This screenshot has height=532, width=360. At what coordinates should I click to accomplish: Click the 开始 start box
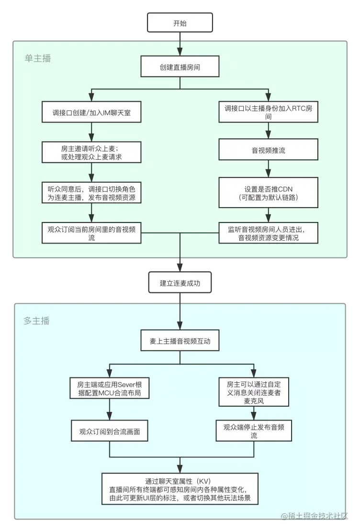[x=180, y=23]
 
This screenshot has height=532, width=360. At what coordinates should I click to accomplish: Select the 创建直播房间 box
[x=180, y=67]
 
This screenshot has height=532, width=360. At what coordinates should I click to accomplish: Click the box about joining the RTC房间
[x=269, y=112]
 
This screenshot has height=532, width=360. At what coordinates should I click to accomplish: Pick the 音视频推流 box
[x=269, y=150]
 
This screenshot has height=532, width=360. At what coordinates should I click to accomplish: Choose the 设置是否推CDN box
[x=269, y=191]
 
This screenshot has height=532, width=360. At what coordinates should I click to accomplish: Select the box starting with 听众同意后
[x=91, y=192]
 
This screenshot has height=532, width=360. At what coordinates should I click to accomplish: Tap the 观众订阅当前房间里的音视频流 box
[x=91, y=233]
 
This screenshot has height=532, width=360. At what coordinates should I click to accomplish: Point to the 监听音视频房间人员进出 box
[x=269, y=233]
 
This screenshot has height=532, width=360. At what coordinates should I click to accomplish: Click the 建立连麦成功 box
[x=180, y=283]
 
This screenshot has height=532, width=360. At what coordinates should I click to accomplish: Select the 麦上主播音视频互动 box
[x=180, y=342]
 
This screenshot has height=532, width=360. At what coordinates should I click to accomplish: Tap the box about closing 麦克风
[x=254, y=392]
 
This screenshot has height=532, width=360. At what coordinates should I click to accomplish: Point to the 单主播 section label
[x=38, y=58]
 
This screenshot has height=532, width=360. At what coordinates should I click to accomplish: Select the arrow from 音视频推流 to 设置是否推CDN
[x=269, y=168]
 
